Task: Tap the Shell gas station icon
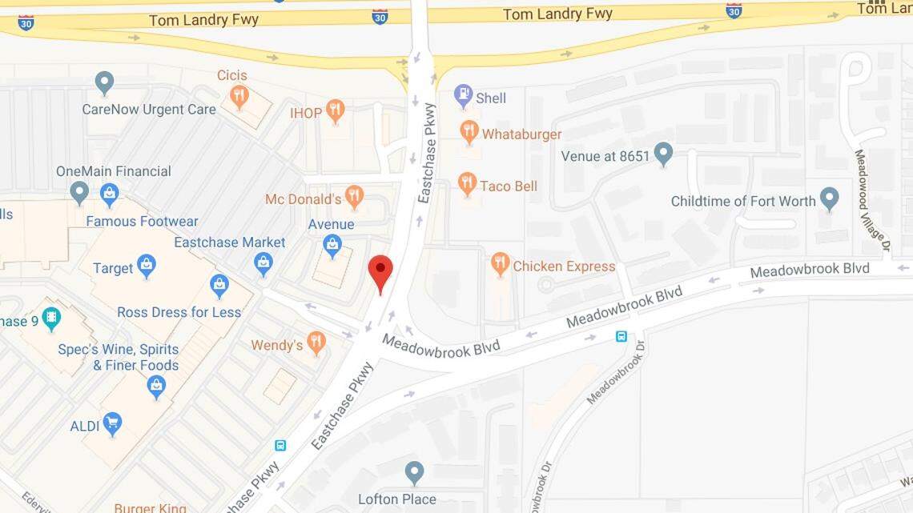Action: pos(463,96)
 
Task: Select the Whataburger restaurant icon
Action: pos(469,132)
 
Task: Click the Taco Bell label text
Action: pos(509,186)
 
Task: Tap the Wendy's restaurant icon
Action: pos(316,343)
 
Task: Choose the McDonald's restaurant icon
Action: pos(354,196)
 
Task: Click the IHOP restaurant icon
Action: pos(336,110)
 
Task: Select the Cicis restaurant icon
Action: pos(239,96)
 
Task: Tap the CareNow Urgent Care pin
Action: pos(104,82)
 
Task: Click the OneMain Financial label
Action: pos(113,171)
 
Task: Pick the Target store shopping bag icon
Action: pos(146,266)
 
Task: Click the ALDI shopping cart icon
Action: pos(112,423)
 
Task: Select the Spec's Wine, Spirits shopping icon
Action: pos(156,387)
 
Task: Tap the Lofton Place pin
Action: pos(414,472)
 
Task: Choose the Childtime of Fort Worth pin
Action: pos(829,198)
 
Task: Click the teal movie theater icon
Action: pos(51,319)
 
